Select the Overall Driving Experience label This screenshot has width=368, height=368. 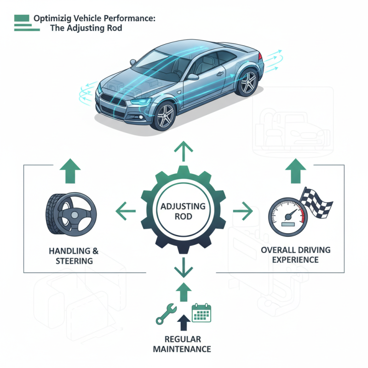(x=289, y=255)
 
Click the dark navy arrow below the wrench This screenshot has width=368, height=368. (x=184, y=322)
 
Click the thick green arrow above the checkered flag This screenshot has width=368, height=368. (x=296, y=171)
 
